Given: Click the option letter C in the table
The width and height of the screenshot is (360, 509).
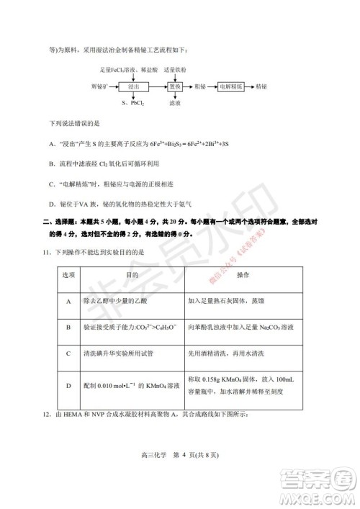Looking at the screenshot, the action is point(68,354).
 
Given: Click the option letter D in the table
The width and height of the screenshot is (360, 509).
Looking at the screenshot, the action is point(68,385).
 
